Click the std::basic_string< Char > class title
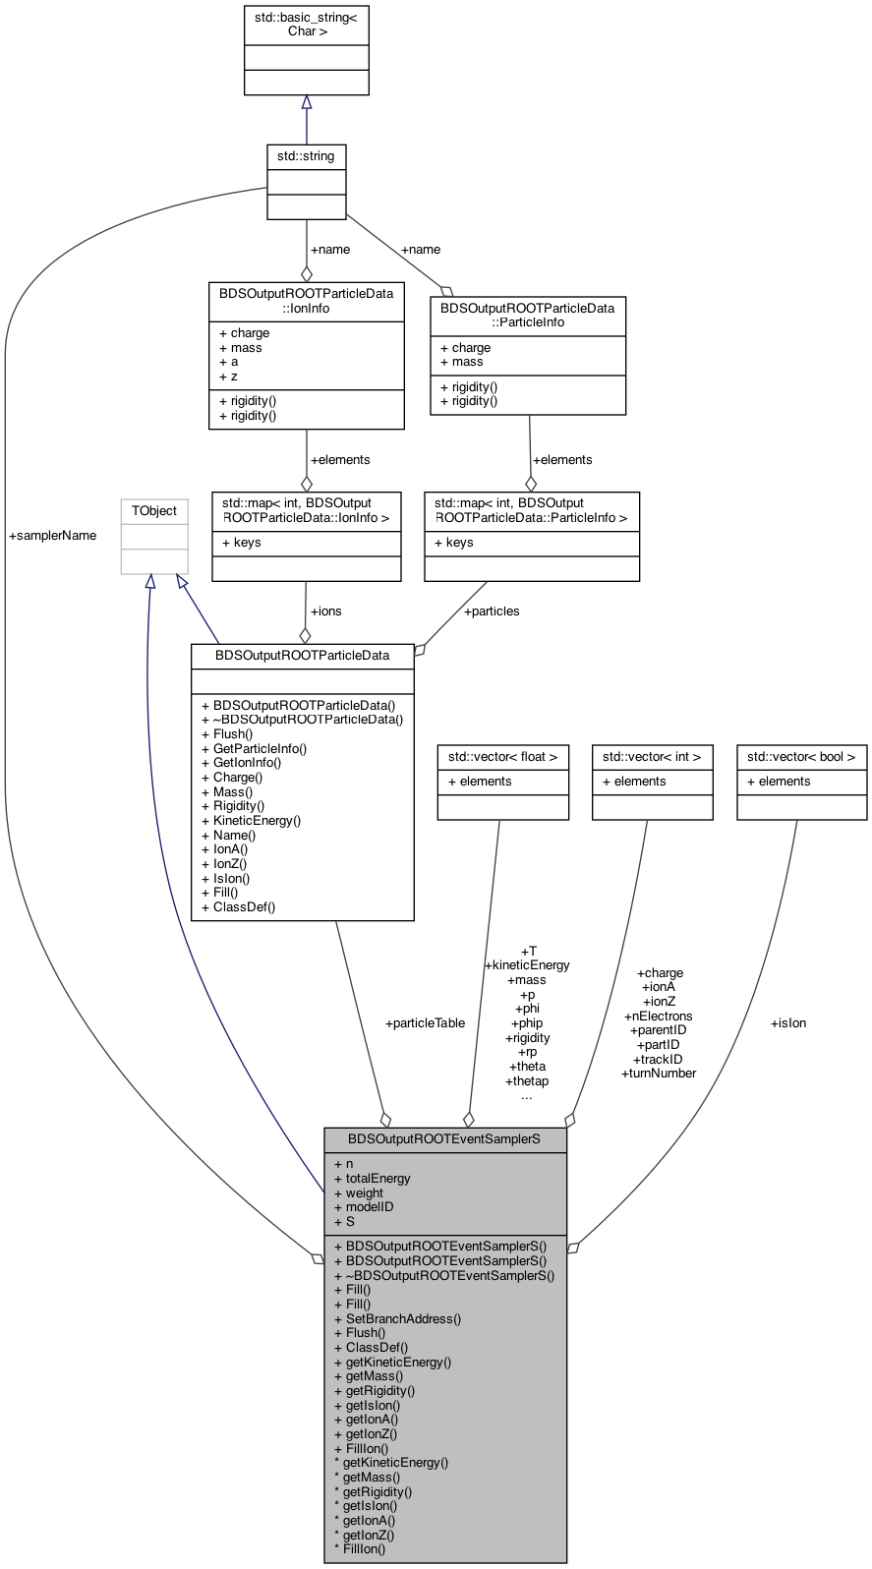pyautogui.click(x=306, y=24)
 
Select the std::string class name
pyautogui.click(x=306, y=156)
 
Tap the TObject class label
pyautogui.click(x=154, y=511)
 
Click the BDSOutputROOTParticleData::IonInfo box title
pyautogui.click(x=306, y=301)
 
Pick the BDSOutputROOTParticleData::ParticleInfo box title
pyautogui.click(x=527, y=316)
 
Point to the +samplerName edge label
pyautogui.click(x=52, y=536)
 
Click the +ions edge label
pyautogui.click(x=325, y=611)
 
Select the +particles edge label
pyautogui.click(x=492, y=611)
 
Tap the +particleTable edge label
pyautogui.click(x=425, y=1023)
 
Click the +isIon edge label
pyautogui.click(x=788, y=1023)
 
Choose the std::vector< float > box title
pyautogui.click(x=503, y=757)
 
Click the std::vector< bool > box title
pyautogui.click(x=801, y=757)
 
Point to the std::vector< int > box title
pyautogui.click(x=652, y=757)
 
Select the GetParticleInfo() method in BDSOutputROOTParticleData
pyautogui.click(x=255, y=749)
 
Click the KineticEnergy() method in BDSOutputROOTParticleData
pyautogui.click(x=252, y=821)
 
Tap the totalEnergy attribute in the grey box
pyautogui.click(x=373, y=1179)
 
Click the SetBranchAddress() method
pyautogui.click(x=398, y=1319)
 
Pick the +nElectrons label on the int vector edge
pyautogui.click(x=659, y=1017)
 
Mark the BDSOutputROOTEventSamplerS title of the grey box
pyautogui.click(x=444, y=1139)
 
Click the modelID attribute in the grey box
pyautogui.click(x=364, y=1207)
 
